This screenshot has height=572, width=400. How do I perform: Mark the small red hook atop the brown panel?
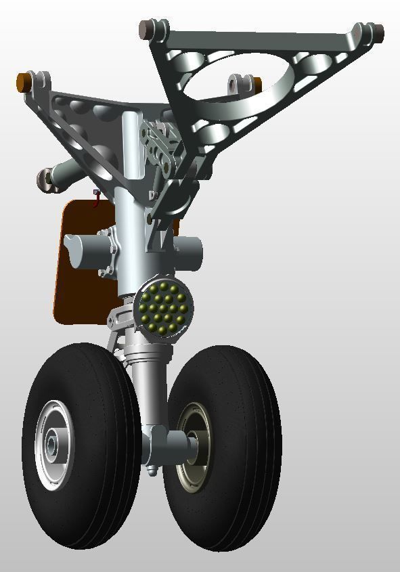(96, 197)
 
